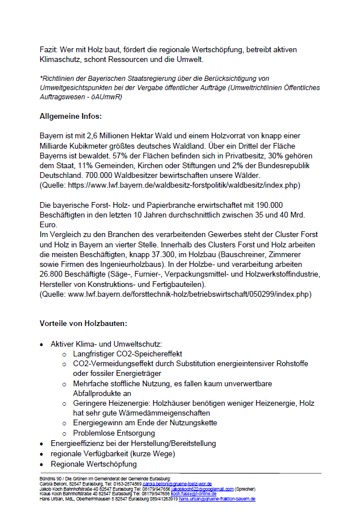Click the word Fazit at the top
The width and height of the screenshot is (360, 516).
pos(49,51)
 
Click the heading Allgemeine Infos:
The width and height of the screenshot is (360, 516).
pos(71,117)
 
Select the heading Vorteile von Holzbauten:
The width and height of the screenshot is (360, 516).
pos(83,323)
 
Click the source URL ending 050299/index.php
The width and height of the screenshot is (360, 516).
pos(189,294)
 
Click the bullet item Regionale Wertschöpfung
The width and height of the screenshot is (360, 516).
pos(94,464)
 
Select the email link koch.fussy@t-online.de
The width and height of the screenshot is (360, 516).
pos(193,494)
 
